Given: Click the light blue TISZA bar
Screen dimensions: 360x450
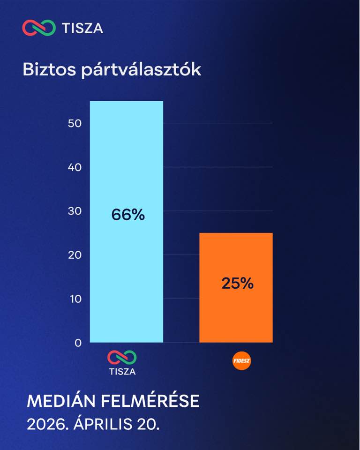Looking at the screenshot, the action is (126, 222).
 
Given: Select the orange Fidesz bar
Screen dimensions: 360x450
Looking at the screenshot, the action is (236, 287).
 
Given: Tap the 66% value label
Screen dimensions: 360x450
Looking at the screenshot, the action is (128, 215).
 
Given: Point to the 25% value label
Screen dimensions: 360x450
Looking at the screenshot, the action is (237, 283).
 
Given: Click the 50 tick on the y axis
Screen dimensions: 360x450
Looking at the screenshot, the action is (75, 123).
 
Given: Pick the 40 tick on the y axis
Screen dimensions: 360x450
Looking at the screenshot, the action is (75, 167).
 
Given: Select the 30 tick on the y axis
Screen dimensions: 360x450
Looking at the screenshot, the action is (75, 211).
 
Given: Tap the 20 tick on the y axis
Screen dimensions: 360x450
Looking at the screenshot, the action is (75, 255).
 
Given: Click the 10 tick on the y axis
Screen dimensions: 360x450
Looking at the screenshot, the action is (75, 299).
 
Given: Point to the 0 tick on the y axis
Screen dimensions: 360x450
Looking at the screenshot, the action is (78, 343).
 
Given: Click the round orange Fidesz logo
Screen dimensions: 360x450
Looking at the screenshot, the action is (241, 360).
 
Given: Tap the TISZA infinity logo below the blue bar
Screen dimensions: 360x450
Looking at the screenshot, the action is (122, 358).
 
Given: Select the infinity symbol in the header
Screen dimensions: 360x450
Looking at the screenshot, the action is (39, 28).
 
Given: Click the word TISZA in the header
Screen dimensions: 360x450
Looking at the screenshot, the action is (82, 29).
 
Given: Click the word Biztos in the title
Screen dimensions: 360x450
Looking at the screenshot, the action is (49, 69).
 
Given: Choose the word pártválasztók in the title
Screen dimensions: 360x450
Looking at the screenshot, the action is (141, 70).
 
